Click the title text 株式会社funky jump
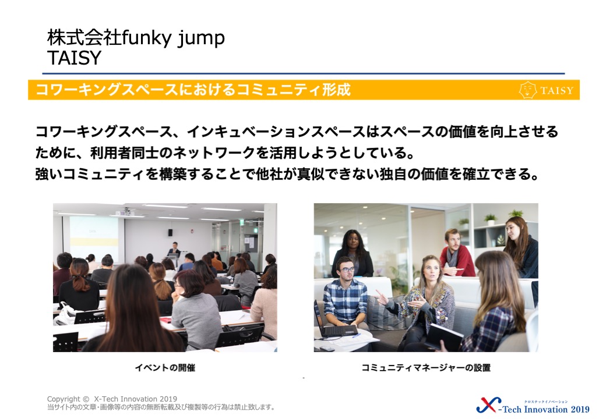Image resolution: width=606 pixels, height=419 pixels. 136,38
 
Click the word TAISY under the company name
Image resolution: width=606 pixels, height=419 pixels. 74,58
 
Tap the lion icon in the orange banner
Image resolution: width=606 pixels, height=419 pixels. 527,90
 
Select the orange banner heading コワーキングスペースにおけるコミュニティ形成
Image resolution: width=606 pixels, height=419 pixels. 193,90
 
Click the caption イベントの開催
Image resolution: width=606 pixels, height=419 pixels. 165,368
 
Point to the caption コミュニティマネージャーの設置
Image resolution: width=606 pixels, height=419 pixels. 426,368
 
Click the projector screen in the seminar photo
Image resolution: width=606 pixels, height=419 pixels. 94,236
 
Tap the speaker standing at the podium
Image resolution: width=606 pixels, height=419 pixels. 174,250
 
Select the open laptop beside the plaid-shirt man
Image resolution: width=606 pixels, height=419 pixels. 334,322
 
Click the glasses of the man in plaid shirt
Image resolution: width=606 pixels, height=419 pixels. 347,269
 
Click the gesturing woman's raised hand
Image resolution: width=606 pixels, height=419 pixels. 381,298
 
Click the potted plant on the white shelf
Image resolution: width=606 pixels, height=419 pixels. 491,219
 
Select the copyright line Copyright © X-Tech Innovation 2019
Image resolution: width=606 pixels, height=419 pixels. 112,399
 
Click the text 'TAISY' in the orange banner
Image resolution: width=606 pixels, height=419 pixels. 556,91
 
